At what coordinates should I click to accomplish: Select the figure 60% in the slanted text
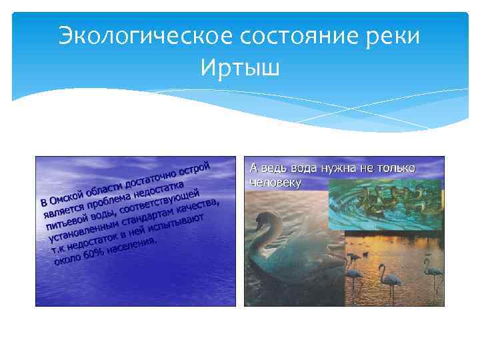click(91, 255)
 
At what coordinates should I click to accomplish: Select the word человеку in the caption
click(275, 181)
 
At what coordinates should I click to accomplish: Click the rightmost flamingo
click(433, 273)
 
